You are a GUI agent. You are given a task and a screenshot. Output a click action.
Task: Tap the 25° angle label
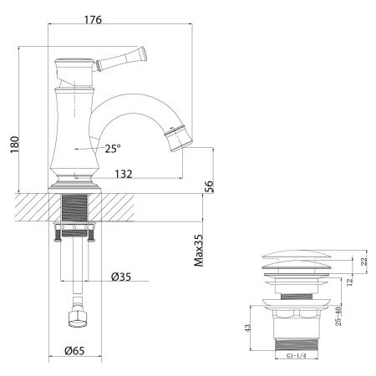click(x=114, y=149)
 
